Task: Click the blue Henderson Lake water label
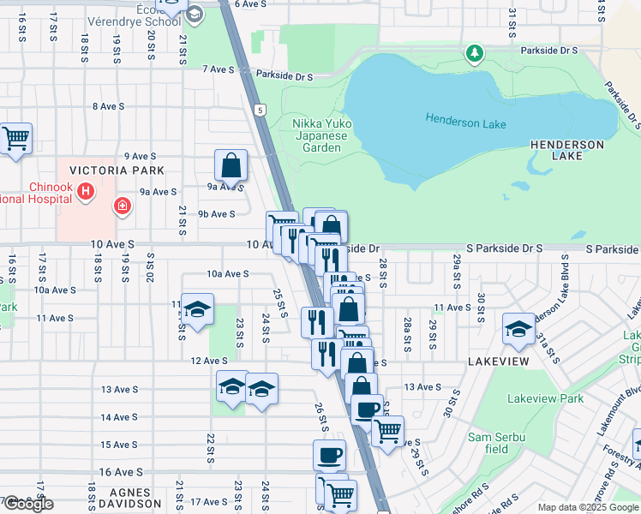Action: (465, 123)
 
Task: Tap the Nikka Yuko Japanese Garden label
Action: (320, 135)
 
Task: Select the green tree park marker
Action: (474, 55)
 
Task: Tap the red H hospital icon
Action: (85, 192)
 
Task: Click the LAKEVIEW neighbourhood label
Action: (496, 363)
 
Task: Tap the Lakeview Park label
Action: (545, 398)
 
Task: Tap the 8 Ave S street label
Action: (108, 106)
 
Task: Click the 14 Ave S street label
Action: (119, 417)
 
